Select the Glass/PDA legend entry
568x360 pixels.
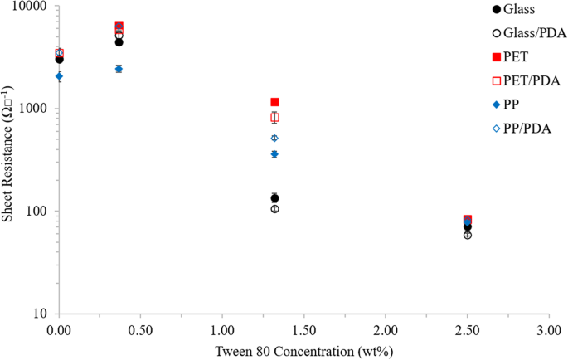coord(531,33)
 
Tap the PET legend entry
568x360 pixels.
coord(517,57)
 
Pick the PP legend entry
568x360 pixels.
coord(514,105)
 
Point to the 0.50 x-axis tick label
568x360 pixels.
coord(139,329)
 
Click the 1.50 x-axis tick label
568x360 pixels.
coord(303,329)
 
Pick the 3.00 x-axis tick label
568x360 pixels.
coord(548,329)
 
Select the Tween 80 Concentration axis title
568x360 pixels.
coord(303,350)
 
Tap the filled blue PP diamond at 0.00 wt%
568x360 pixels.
coord(59,75)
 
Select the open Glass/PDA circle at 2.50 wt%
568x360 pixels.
coord(468,236)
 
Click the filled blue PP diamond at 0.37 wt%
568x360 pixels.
coord(119,69)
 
